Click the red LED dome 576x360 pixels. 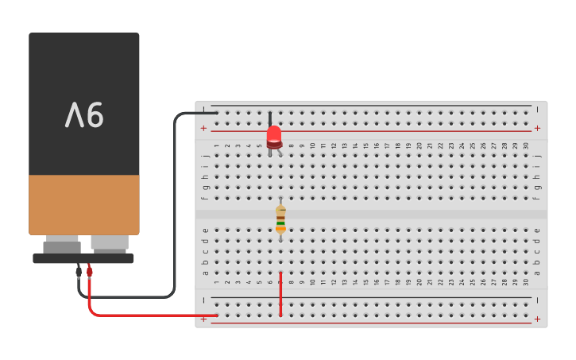tap(274, 134)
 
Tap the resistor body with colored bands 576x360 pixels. tap(280, 219)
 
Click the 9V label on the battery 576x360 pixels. tap(84, 116)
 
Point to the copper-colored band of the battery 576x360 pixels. tap(84, 203)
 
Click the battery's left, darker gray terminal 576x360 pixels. tap(62, 245)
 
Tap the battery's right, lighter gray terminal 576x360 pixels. tap(110, 242)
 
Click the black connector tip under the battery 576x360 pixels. tap(78, 271)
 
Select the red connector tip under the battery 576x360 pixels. tap(90, 271)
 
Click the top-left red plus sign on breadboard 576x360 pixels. tap(203, 128)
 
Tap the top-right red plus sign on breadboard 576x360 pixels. tap(537, 128)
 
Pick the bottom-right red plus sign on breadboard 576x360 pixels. tap(537, 319)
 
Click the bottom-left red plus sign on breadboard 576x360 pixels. tap(203, 319)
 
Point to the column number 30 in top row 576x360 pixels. tap(526, 145)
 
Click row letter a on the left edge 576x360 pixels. tap(205, 273)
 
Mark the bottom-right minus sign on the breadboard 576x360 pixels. tap(537, 300)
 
